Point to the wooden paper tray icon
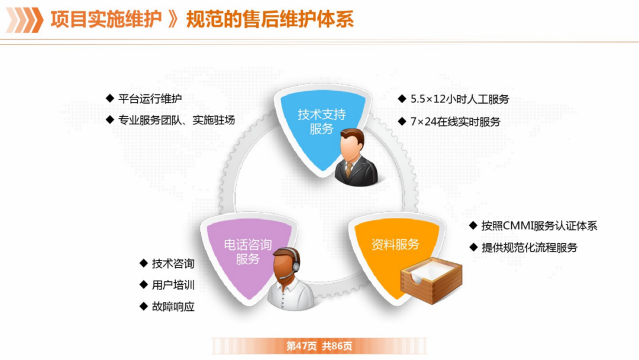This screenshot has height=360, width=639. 431,279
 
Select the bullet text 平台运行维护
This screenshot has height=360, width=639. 150,99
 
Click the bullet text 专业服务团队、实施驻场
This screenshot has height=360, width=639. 176,120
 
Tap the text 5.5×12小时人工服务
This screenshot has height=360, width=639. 460,99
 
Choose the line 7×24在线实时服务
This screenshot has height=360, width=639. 455,122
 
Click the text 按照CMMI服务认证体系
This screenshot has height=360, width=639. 539,226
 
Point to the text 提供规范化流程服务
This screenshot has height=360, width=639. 529,247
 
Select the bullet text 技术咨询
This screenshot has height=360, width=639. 173,263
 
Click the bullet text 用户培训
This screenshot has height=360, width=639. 173,285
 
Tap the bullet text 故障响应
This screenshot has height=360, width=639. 173,307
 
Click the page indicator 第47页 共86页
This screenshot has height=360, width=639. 319,346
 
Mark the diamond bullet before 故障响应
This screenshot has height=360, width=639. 143,306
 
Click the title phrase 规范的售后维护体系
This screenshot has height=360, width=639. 270,20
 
